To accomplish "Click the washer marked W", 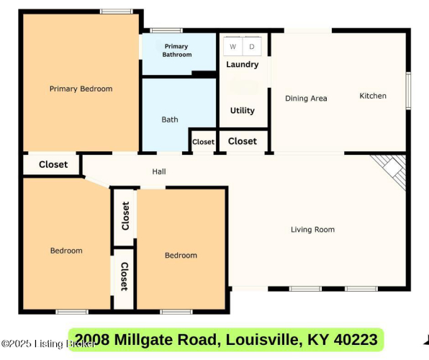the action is [232, 46].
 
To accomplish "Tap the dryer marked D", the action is [252, 46].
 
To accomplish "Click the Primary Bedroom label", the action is [81, 89].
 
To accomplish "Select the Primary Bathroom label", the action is [177, 50].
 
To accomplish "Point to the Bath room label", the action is [170, 120].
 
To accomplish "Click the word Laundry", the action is [243, 65].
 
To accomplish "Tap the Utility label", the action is [243, 111].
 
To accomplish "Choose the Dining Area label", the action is [306, 99].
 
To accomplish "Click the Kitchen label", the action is [373, 96].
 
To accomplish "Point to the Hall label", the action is [159, 171].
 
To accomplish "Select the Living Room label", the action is [312, 230].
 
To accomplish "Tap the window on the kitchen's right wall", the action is [408, 91].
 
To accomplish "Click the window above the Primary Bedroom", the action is [117, 12].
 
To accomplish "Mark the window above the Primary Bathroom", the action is [166, 30].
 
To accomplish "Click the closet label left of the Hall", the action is [53, 165].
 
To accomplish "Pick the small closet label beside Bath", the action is [203, 142].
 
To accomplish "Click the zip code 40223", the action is [356, 339].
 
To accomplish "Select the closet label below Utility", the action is [243, 141].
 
